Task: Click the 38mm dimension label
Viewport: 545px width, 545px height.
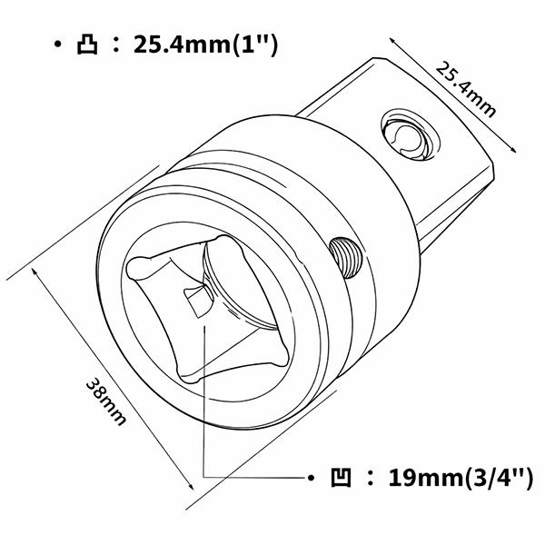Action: click(x=105, y=401)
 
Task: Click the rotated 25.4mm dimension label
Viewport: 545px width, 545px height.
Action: click(x=465, y=88)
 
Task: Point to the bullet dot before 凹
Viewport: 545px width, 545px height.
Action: click(x=309, y=477)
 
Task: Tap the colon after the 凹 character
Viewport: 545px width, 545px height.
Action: click(x=368, y=477)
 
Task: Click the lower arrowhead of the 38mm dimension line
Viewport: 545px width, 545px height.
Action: click(x=192, y=507)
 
